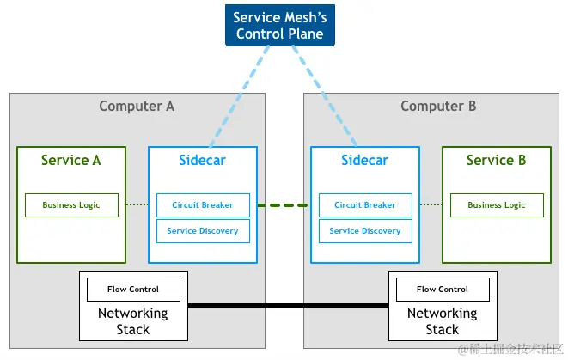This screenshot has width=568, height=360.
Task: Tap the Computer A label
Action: point(137,107)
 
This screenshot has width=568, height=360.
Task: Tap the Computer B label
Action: point(438,107)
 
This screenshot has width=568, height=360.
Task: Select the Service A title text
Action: point(71,160)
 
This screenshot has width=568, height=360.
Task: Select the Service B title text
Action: point(496,160)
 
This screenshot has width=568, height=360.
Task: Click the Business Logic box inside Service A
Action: point(71,205)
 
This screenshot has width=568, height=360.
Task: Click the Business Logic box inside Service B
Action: point(496,205)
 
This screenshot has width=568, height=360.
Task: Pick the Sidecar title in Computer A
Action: point(203,160)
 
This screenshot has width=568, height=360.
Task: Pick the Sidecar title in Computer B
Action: point(364,160)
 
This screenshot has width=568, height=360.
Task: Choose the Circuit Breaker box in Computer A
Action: point(203,205)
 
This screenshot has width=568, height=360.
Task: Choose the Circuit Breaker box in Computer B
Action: point(364,205)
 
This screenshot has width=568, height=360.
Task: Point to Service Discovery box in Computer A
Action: point(203,231)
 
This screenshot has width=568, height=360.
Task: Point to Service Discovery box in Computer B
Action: point(364,231)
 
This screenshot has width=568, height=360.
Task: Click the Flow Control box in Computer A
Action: point(132,290)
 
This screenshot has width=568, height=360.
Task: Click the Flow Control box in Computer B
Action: point(443,290)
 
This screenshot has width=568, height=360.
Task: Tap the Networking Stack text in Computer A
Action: point(132,321)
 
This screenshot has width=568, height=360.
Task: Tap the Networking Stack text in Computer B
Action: point(443,321)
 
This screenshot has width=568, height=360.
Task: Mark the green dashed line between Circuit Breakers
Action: point(284,205)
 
